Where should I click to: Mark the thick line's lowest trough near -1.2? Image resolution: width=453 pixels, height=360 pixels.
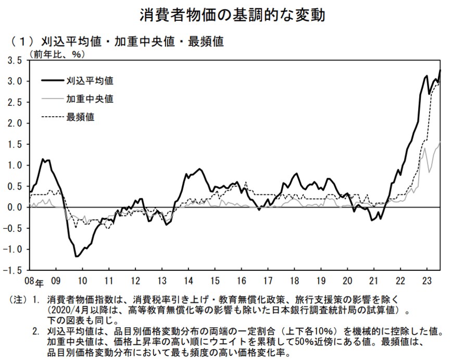[77, 256]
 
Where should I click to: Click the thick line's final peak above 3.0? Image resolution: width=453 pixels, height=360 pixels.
[441, 70]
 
